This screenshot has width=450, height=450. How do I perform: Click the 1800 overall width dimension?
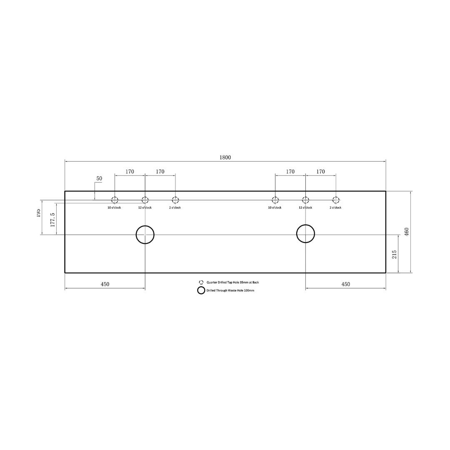(x=225, y=157)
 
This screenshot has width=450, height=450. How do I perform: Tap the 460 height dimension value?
(x=407, y=231)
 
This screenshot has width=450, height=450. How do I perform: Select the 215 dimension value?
(x=394, y=254)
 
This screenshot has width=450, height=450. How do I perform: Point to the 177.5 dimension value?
(x=52, y=220)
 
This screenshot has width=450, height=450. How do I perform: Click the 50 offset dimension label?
(x=99, y=178)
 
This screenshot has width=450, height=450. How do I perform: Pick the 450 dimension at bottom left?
(x=105, y=284)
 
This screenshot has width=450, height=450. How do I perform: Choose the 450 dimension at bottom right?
(x=345, y=284)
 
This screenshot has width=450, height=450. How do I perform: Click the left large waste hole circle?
(x=145, y=235)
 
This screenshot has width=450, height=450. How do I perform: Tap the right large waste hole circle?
(x=305, y=233)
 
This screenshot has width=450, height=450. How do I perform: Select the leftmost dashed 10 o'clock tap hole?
(x=115, y=200)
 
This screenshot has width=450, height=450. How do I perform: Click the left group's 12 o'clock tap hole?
(x=145, y=200)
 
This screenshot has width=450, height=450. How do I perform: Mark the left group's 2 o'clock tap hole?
(x=175, y=200)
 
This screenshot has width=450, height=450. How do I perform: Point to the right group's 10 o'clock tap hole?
(x=275, y=200)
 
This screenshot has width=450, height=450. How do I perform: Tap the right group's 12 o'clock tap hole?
(x=305, y=200)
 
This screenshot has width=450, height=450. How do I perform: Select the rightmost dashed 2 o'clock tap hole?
(x=336, y=200)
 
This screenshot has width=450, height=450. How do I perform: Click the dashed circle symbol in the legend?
(x=201, y=282)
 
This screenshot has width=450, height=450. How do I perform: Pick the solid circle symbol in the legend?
(x=201, y=290)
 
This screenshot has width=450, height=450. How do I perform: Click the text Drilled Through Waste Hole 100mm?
(x=230, y=290)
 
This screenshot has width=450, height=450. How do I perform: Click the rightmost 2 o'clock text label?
(x=335, y=207)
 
